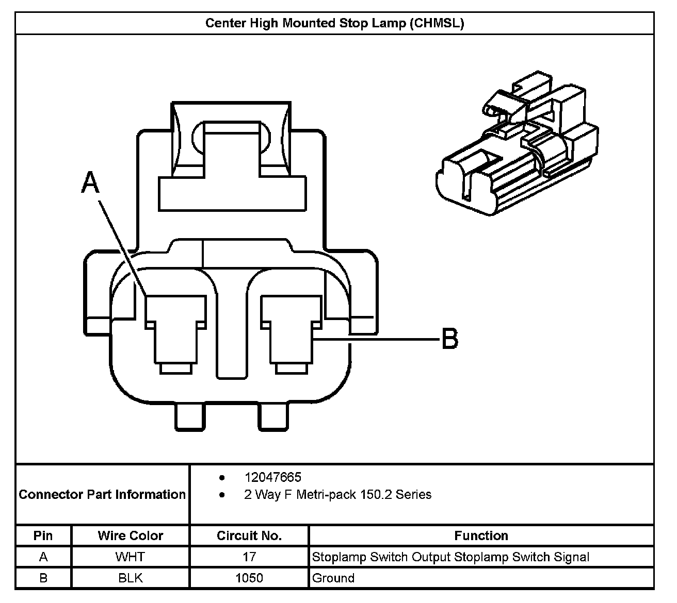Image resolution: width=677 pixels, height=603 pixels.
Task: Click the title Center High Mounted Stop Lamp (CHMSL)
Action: (334, 23)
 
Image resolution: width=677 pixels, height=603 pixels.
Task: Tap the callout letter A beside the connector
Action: (90, 182)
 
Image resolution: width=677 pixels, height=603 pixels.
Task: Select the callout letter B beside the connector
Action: (450, 339)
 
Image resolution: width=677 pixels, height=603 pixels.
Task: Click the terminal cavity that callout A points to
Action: (176, 333)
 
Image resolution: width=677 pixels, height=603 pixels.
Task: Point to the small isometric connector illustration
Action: (517, 143)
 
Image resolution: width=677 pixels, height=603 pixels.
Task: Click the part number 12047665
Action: (273, 478)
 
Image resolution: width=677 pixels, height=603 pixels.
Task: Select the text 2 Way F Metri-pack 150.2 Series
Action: (338, 495)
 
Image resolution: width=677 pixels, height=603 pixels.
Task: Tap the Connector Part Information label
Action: (102, 495)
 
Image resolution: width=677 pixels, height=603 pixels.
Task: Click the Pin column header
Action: (43, 536)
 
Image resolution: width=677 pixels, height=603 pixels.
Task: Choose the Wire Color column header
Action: (131, 536)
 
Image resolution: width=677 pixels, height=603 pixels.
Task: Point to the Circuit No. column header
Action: (249, 536)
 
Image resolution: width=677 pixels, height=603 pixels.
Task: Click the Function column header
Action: (481, 536)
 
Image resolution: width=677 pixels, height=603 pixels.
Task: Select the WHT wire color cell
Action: (131, 557)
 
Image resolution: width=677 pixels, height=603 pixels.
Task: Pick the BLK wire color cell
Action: (131, 578)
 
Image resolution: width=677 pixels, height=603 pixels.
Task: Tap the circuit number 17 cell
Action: (249, 557)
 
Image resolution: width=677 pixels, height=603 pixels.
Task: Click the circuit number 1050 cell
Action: (249, 578)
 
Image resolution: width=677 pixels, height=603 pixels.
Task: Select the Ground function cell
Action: (333, 578)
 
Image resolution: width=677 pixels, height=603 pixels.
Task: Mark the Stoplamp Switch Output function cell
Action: (450, 557)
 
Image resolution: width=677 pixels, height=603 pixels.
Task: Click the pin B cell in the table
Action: (43, 578)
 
